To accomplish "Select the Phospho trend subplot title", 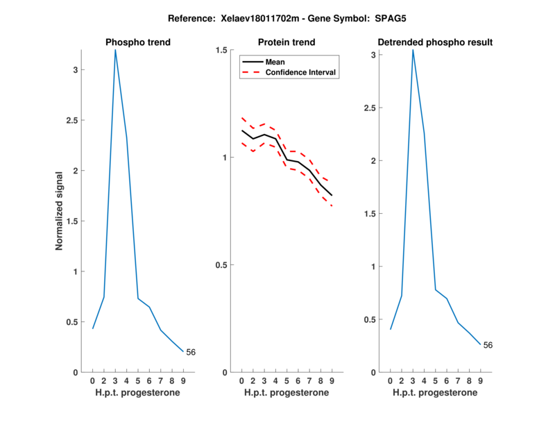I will point(138,42).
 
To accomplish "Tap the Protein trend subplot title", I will point(287,42).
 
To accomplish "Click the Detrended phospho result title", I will point(435,42).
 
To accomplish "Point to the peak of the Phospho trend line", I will point(115,50).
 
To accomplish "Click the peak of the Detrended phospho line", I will point(413,50).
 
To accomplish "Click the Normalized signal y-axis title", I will point(60,211).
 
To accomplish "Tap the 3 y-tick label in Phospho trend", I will point(76,69).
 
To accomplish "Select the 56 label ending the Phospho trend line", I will point(191,353).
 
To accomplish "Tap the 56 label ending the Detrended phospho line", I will point(488,345).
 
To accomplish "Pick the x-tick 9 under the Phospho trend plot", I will point(183,381).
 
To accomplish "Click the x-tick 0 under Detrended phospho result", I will point(391,381).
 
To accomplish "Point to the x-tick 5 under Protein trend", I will point(287,381).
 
